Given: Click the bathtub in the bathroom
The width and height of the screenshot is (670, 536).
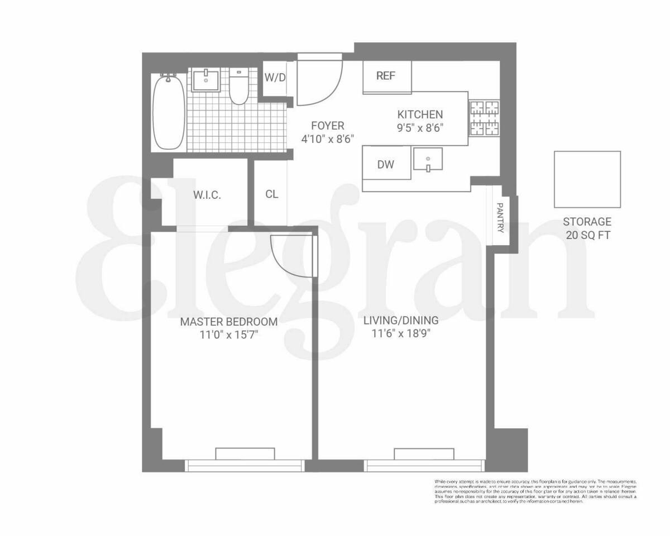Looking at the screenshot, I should click(x=168, y=112).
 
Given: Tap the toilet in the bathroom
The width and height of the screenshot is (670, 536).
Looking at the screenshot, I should click(x=239, y=89).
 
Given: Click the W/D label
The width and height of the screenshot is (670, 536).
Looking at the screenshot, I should click(x=275, y=78).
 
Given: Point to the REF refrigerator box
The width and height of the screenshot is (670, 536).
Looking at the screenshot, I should click(x=386, y=76).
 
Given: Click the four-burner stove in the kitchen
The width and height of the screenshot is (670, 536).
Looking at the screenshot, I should click(x=484, y=118).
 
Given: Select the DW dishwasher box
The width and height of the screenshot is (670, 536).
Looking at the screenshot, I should click(x=386, y=164).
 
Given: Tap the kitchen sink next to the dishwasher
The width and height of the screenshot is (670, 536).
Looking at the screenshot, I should click(x=428, y=159).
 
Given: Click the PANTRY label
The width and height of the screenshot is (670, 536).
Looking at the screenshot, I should click(x=500, y=217).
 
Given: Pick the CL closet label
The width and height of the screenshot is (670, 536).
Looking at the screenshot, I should click(x=271, y=194).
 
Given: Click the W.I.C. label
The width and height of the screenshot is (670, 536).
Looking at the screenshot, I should click(x=207, y=195).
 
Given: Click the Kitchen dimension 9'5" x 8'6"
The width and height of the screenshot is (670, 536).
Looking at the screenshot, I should click(x=420, y=127).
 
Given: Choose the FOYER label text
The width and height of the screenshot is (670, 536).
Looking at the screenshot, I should click(x=327, y=126).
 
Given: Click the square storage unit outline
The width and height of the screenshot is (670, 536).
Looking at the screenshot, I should click(x=587, y=179).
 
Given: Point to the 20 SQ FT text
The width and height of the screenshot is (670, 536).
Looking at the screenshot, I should click(x=587, y=236).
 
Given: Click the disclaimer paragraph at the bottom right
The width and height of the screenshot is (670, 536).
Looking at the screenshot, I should click(x=535, y=491).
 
